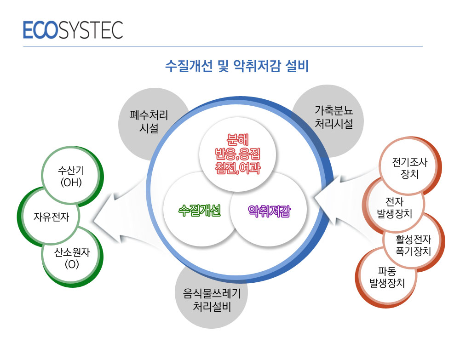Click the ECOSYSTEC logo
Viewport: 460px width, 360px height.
[x=73, y=30]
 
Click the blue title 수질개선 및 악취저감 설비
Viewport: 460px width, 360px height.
[x=237, y=66]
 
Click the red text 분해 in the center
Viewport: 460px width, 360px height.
[x=238, y=140]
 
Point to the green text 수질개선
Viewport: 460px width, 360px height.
[x=200, y=211]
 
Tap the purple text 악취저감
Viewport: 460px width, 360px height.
[x=269, y=211]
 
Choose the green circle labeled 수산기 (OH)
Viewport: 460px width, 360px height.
[x=71, y=177]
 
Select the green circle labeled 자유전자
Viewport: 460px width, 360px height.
[x=50, y=217]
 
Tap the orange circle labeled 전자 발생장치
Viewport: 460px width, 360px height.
[x=394, y=207]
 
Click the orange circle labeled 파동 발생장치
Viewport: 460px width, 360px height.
[x=387, y=277]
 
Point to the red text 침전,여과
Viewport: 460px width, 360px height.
[x=238, y=168]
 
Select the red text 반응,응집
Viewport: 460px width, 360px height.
[x=238, y=154]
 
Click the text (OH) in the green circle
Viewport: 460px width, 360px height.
[x=71, y=183]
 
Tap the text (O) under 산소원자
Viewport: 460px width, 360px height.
[x=72, y=264]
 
